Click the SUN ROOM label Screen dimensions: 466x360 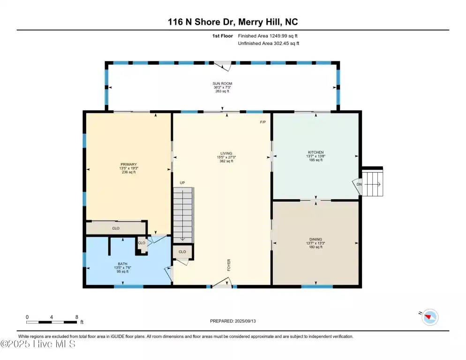click(x=222, y=83)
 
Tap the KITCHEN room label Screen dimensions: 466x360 click(x=316, y=152)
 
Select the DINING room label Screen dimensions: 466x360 click(x=316, y=240)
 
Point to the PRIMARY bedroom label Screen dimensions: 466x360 click(x=128, y=165)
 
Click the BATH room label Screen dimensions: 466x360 click(x=122, y=264)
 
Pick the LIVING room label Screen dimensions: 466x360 click(x=226, y=153)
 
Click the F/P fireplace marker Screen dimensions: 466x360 click(x=263, y=122)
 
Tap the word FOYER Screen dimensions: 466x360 click(x=229, y=265)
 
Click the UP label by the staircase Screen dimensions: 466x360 click(x=182, y=183)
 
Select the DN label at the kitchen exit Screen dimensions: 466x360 click(x=359, y=184)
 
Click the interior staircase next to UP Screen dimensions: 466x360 click(x=183, y=215)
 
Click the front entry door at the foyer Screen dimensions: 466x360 click(x=222, y=283)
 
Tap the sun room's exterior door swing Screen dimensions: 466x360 click(x=223, y=66)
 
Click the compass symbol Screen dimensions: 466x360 click(x=430, y=317)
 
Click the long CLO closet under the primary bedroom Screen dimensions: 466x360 click(x=116, y=228)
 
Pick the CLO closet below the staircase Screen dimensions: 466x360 click(x=182, y=252)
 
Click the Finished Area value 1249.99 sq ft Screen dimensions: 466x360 click(x=284, y=36)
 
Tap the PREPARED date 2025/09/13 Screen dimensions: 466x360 click(x=245, y=321)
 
